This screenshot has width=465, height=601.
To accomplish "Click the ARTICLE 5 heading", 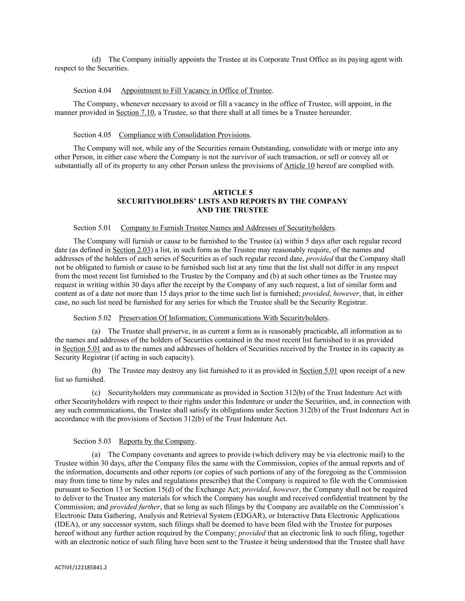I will click(232, 192).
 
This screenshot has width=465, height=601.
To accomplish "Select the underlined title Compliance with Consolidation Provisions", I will click(184, 135).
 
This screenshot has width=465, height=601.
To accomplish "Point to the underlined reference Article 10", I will click(299, 166).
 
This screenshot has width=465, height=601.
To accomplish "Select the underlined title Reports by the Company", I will click(156, 442).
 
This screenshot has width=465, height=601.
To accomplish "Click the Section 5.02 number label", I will click(92, 318).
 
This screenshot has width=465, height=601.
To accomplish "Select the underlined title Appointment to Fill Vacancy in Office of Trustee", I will click(196, 91).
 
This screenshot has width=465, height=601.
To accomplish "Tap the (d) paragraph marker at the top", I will click(96, 59).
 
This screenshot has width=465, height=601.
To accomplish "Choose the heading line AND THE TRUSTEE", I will click(232, 210).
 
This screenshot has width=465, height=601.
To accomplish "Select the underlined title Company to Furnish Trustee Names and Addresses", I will click(228, 228).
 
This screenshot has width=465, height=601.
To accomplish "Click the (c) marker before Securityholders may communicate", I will click(96, 393).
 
